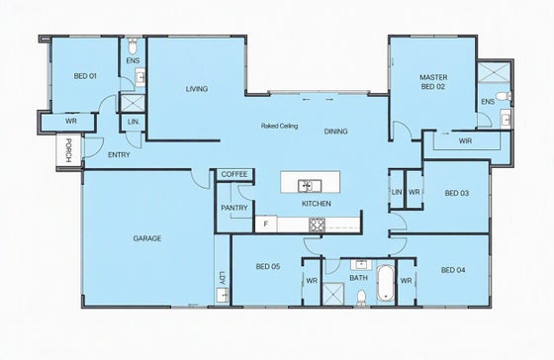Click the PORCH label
tap(69, 150)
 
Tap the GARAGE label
tap(147, 238)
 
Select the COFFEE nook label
tap(234, 174)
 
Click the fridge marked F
tap(266, 224)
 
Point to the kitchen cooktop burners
tap(317, 225)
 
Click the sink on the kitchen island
tap(309, 186)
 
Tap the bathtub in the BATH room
tap(386, 283)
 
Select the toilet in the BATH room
tap(361, 297)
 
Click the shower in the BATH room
tap(333, 293)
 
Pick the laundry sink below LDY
tap(223, 295)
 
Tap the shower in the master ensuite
tap(494, 72)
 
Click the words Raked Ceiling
tap(279, 126)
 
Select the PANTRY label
tap(234, 208)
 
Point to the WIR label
tap(465, 141)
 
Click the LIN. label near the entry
tap(134, 122)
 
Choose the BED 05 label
tap(268, 266)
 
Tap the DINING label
tap(335, 132)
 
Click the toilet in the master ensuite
tap(504, 96)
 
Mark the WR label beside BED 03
tap(415, 192)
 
